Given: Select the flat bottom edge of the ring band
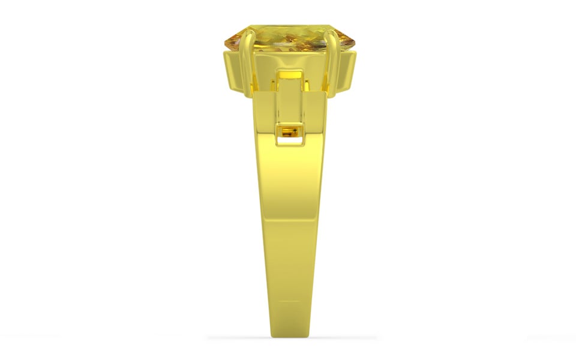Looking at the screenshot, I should coord(289,335).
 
